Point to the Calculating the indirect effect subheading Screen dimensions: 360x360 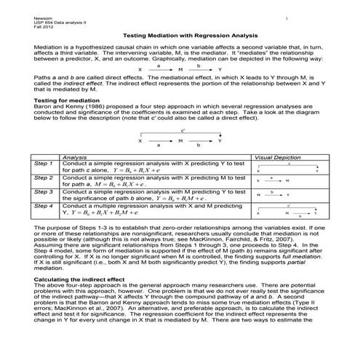click(x=70, y=279)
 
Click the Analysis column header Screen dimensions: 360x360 click(x=76, y=156)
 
